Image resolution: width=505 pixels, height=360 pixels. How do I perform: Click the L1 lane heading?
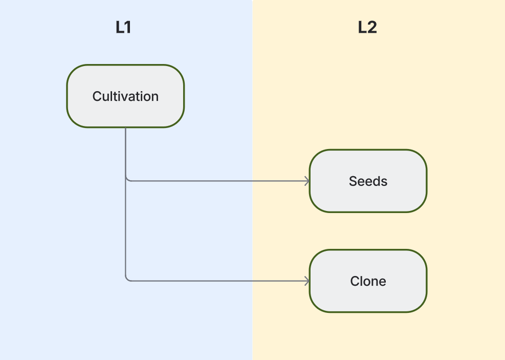pyautogui.click(x=123, y=28)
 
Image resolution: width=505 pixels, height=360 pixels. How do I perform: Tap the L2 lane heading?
pyautogui.click(x=367, y=28)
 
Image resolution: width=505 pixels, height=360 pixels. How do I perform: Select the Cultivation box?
pyautogui.click(x=125, y=96)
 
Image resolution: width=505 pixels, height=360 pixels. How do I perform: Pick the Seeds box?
pyautogui.click(x=368, y=181)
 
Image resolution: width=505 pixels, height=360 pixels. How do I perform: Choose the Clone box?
pyautogui.click(x=368, y=281)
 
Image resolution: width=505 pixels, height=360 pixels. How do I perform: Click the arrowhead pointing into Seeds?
pyautogui.click(x=307, y=181)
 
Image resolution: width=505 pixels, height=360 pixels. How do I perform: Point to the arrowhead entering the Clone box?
pyautogui.click(x=307, y=281)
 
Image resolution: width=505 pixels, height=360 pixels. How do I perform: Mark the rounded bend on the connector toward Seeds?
pyautogui.click(x=127, y=179)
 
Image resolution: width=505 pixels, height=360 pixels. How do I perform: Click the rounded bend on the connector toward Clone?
pyautogui.click(x=127, y=279)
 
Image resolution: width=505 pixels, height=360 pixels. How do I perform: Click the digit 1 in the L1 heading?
pyautogui.click(x=128, y=28)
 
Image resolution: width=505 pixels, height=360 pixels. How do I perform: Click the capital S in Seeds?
pyautogui.click(x=353, y=181)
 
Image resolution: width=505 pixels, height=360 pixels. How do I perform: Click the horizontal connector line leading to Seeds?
pyautogui.click(x=215, y=181)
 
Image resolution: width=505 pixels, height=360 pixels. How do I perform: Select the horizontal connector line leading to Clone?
pyautogui.click(x=215, y=281)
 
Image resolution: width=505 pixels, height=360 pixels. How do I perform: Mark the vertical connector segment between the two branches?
pyautogui.click(x=125, y=230)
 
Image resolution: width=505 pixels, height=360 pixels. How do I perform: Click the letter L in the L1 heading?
pyautogui.click(x=119, y=28)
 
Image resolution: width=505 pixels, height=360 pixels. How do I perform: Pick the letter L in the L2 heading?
pyautogui.click(x=362, y=28)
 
